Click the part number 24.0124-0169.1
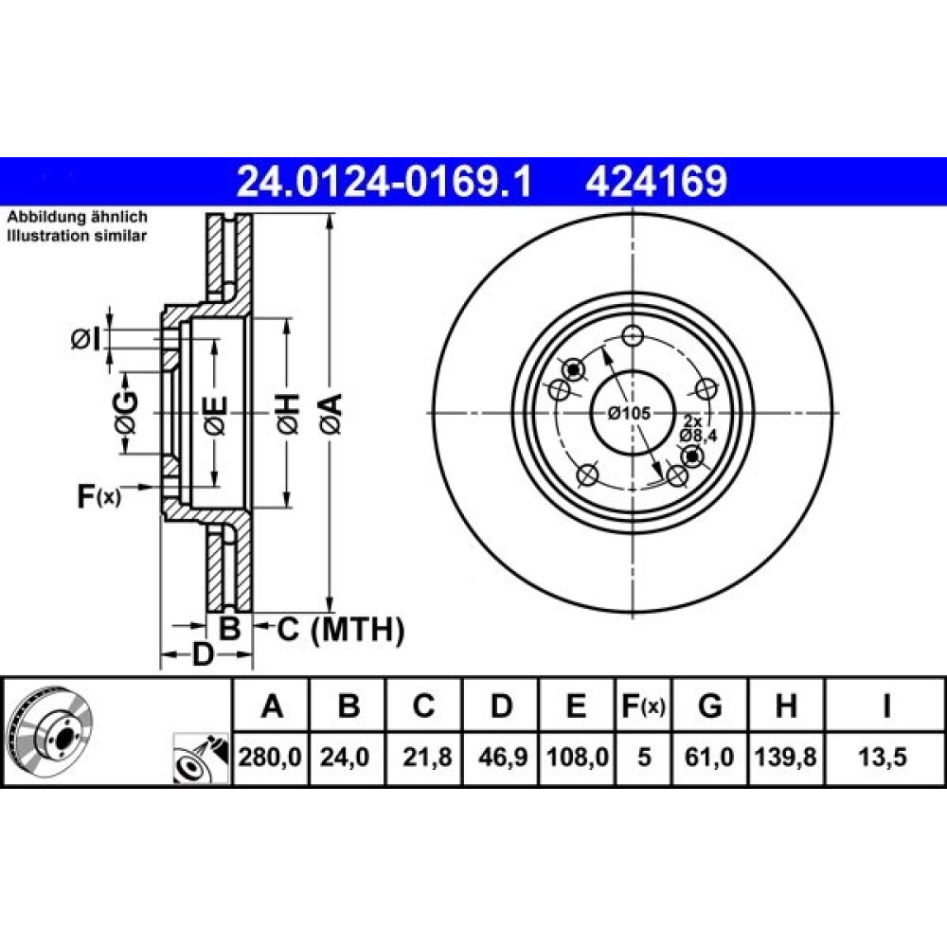tap(384, 181)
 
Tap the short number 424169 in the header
tap(656, 181)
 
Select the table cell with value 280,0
tap(270, 757)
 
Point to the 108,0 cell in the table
tap(578, 757)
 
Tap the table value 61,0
tap(709, 757)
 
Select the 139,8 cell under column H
tap(786, 757)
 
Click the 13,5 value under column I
tap(883, 757)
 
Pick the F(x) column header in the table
tap(644, 706)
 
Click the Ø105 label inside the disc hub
tap(630, 413)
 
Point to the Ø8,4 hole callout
tap(698, 436)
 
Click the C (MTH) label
tap(341, 630)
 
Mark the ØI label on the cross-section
tap(85, 339)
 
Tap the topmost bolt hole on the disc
tap(633, 334)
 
